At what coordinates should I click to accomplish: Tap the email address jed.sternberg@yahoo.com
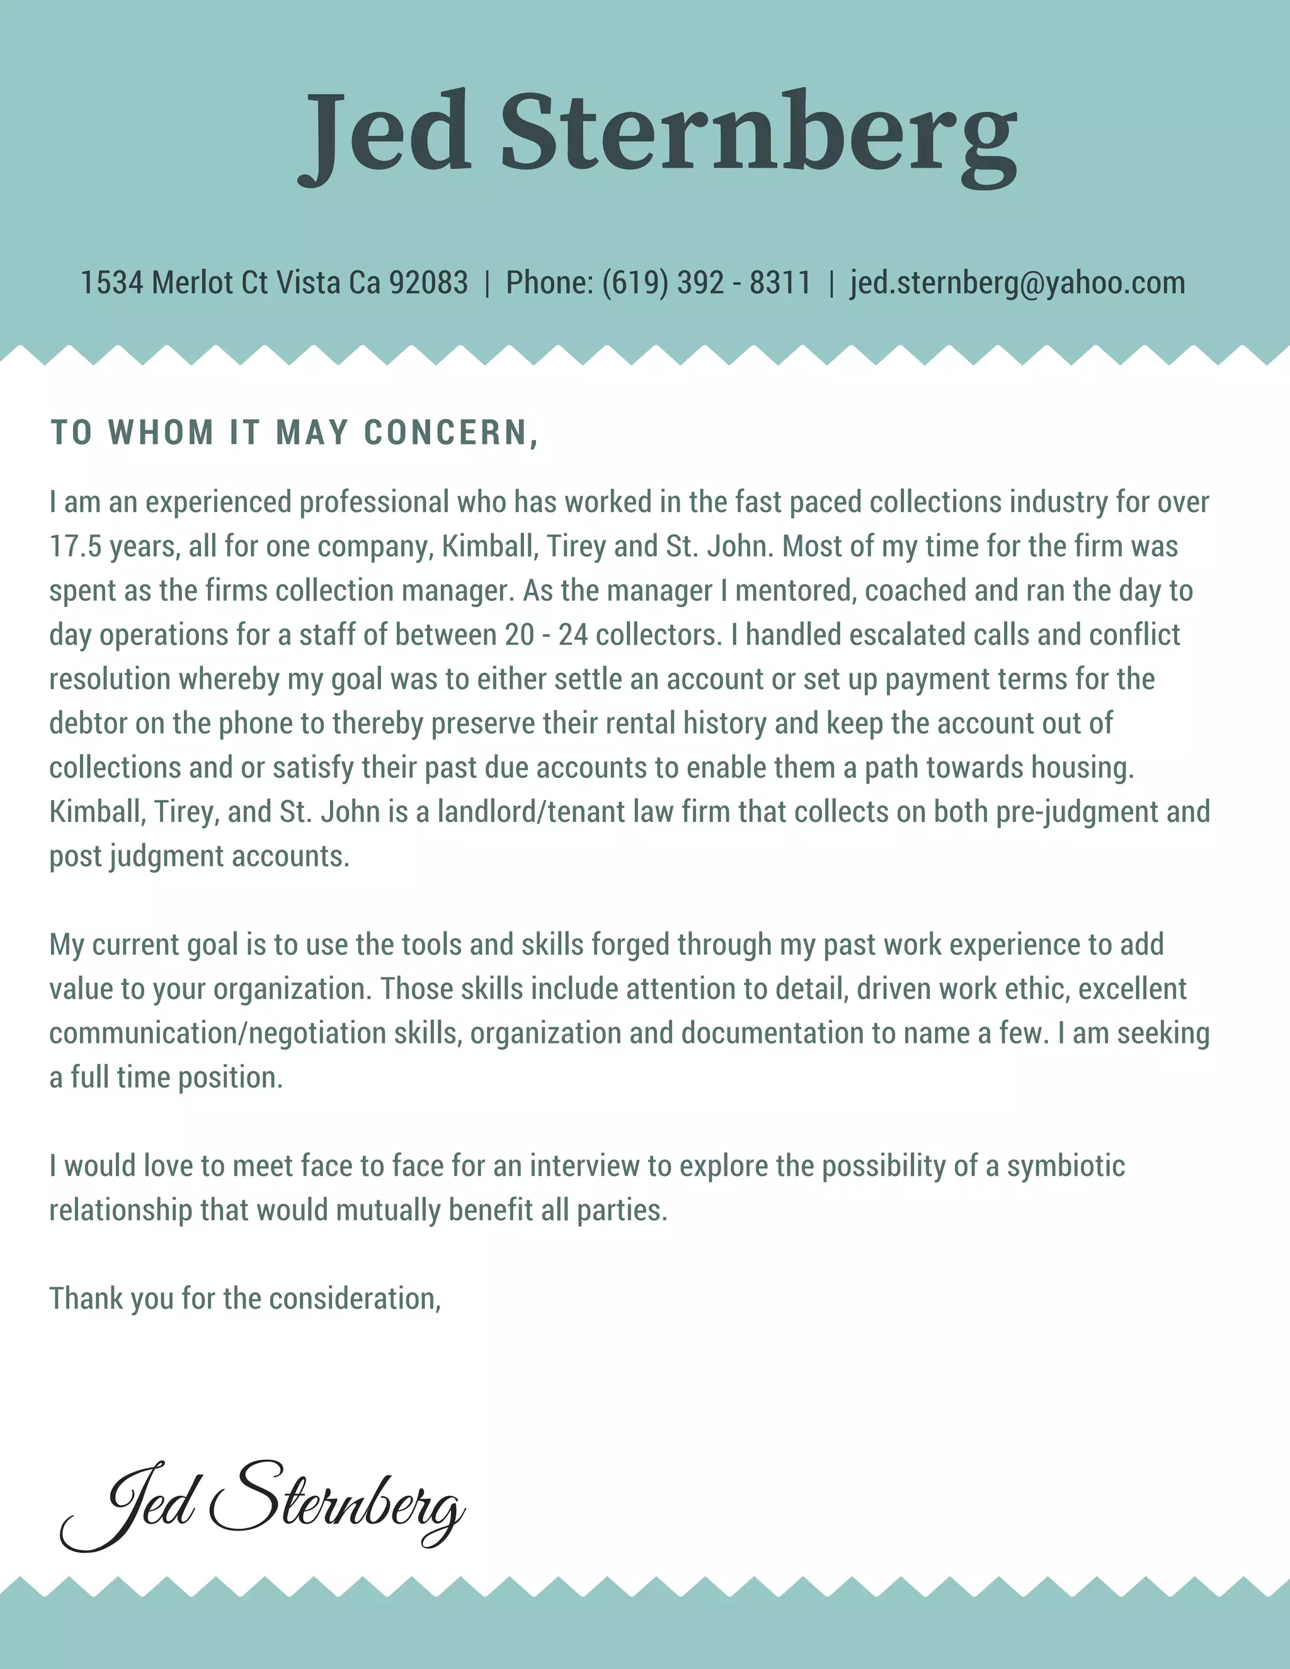(x=1017, y=283)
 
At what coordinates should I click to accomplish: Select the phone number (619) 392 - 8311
(x=706, y=283)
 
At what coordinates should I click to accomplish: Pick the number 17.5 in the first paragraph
(x=75, y=547)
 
